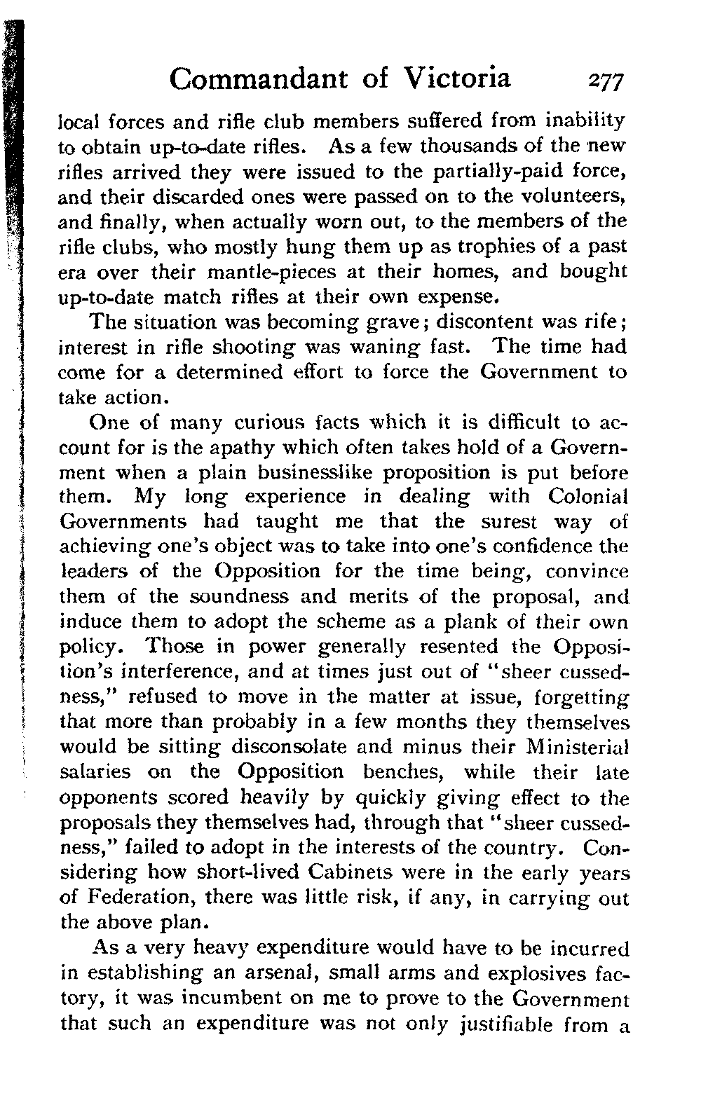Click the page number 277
[x=606, y=81]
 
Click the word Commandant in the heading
[x=259, y=78]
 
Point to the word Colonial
[x=587, y=497]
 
